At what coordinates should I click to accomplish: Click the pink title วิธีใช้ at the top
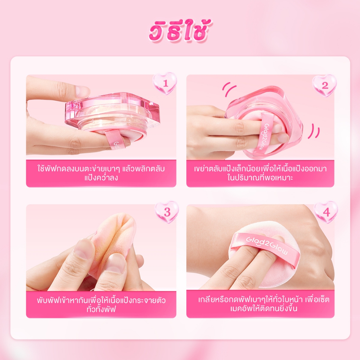180,31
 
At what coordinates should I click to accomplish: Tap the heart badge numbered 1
165,83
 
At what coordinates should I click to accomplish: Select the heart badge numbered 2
324,85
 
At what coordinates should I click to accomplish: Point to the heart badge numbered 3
167,212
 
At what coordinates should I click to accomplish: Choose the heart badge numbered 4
326,212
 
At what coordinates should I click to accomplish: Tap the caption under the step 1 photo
101,173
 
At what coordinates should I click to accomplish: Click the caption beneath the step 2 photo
260,173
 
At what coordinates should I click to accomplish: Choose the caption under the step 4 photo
264,304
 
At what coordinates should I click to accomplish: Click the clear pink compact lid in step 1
112,108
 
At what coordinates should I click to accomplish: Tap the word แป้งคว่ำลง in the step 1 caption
101,178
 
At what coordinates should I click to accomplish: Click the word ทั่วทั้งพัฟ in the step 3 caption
101,309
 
